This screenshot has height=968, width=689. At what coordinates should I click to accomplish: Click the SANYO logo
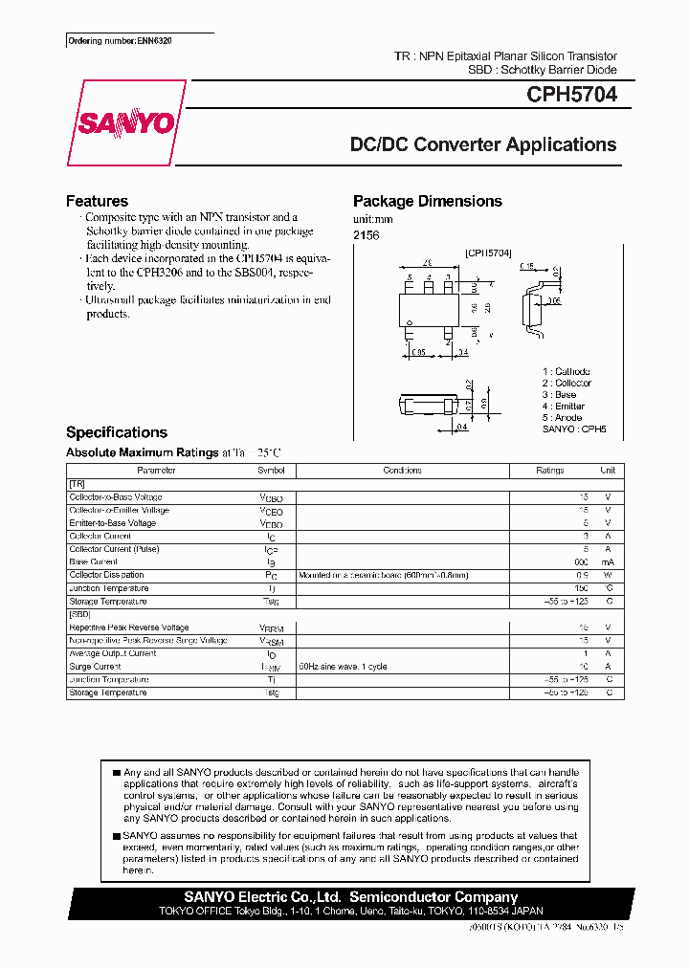pos(125,123)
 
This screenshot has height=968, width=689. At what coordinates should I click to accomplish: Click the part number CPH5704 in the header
pos(571,96)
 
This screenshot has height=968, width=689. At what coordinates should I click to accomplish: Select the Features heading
pos(97,201)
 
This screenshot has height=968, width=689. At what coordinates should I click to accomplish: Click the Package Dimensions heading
pos(427,201)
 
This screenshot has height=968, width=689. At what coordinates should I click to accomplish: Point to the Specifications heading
pos(116,432)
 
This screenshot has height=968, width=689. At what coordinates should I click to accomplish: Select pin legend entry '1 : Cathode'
pos(566,371)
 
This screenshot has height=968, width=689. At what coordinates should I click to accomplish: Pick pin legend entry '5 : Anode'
pos(562,418)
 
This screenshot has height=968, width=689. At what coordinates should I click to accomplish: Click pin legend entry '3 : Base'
pos(559,394)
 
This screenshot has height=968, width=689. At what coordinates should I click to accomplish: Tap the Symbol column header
pos(271,471)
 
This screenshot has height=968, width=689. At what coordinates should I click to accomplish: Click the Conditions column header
pos(402,471)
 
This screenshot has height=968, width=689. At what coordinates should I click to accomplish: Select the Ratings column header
pos(550,471)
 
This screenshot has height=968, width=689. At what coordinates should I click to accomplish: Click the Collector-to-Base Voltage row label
pos(116,497)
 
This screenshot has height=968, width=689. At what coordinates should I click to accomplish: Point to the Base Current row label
pos(94,562)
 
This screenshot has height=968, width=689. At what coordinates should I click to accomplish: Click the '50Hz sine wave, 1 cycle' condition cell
pos(343,667)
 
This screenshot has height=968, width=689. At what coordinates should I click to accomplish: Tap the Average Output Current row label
pos(113,653)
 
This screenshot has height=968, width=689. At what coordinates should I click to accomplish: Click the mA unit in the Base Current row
pos(607,562)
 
